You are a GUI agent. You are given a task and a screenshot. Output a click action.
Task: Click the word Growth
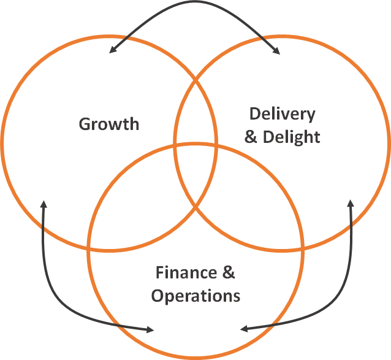[x=109, y=124]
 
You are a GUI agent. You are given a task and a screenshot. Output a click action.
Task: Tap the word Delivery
[x=283, y=113]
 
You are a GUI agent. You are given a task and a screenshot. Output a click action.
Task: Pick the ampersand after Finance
[x=227, y=272]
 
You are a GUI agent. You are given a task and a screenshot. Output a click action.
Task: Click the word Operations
[x=195, y=296]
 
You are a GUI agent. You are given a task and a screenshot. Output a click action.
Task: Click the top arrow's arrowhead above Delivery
[x=276, y=51]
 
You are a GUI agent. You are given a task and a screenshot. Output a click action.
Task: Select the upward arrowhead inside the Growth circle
[x=43, y=205]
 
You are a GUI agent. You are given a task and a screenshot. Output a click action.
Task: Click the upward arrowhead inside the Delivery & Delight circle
[x=351, y=204]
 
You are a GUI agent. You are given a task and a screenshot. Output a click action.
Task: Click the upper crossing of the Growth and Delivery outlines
[x=195, y=79]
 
